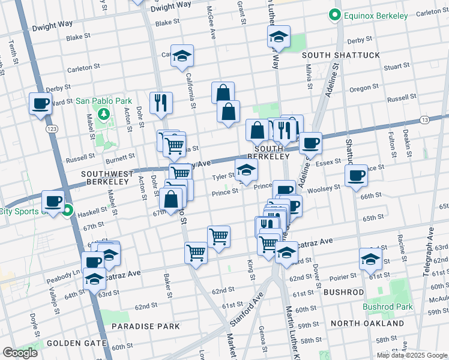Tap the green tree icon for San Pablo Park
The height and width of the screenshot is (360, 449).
click(104, 113)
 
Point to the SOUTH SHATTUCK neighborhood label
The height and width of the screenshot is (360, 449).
click(341, 55)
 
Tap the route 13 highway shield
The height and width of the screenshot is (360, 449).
click(424, 120)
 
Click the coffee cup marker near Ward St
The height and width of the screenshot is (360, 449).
click(41, 104)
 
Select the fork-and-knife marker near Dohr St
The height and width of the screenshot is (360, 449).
click(161, 103)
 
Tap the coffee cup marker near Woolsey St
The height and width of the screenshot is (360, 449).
click(357, 175)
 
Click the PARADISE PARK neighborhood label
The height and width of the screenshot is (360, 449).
click(146, 326)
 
